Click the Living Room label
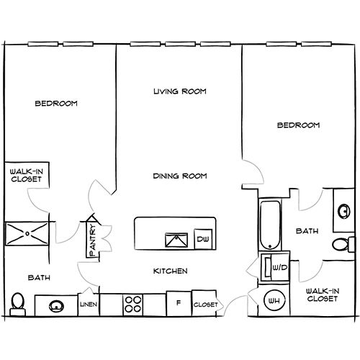point(180,91)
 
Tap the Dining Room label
point(180,176)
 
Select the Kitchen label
point(171,271)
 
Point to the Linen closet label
point(88,305)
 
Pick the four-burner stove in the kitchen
point(133,305)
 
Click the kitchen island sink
point(174,240)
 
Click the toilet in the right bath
point(347,243)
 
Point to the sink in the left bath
point(55,306)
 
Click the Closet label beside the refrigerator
point(206,305)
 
